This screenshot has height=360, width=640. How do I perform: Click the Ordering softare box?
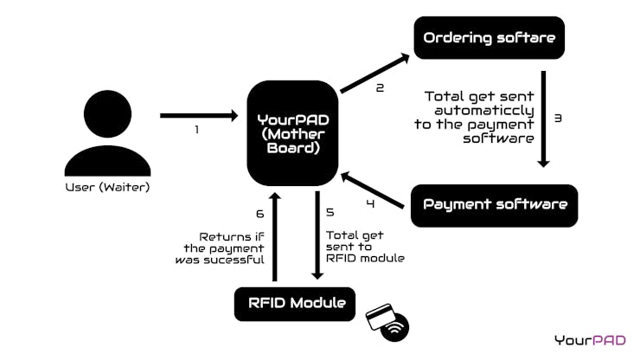489,38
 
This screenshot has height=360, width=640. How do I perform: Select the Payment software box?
494,205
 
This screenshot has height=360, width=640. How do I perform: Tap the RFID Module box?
295,304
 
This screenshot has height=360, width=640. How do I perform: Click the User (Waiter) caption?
108,187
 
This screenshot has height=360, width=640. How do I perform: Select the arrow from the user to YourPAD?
199,115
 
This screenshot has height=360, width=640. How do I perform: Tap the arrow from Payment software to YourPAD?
373,190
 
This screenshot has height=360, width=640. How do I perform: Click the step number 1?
196,131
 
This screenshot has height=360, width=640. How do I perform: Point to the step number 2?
380,87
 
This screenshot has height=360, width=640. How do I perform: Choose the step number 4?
370,205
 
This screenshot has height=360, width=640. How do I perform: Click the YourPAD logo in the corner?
591,340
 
